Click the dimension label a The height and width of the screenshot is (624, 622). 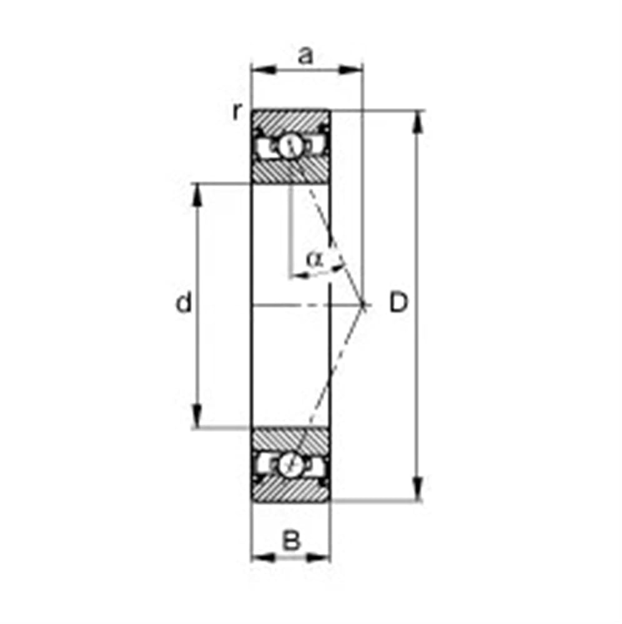(305, 56)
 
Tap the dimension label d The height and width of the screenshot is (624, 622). (184, 302)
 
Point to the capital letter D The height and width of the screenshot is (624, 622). (398, 302)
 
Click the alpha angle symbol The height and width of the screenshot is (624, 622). (315, 260)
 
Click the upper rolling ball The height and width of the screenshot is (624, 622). (290, 147)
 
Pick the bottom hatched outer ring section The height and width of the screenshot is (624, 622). (290, 489)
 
